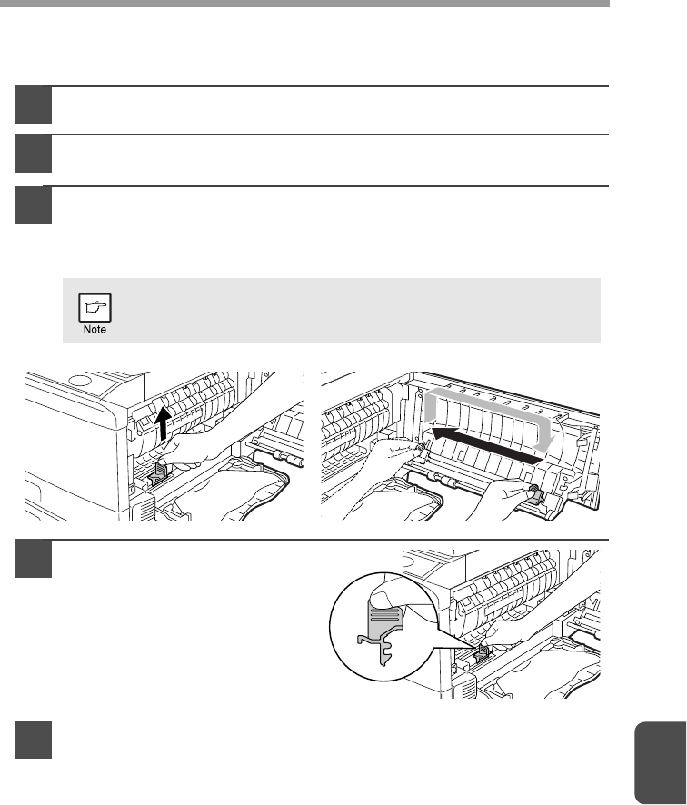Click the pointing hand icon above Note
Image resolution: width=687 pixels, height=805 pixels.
tap(95, 307)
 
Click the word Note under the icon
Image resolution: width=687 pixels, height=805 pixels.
tap(95, 330)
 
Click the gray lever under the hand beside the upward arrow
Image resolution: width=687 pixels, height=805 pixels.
tap(157, 474)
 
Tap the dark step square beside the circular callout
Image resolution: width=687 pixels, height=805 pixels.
tap(34, 559)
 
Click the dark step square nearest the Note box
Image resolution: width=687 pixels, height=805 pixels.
tap(34, 205)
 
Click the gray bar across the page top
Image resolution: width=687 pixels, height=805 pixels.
tap(304, 4)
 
